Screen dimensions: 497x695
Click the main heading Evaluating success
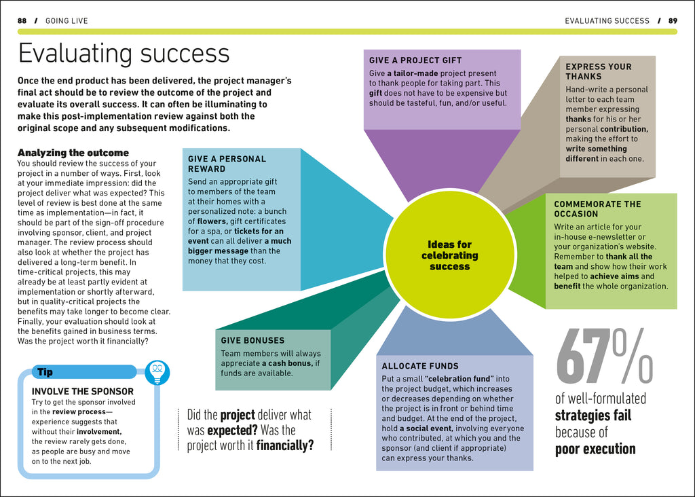[124, 54]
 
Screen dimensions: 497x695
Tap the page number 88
[22, 21]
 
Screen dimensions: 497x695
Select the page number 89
[673, 21]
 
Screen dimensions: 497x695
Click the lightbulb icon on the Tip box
[157, 371]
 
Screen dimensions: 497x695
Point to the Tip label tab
[45, 372]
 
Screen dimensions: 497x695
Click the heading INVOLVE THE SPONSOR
[83, 392]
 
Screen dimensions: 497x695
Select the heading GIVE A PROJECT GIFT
[415, 60]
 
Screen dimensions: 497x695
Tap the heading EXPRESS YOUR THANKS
[598, 71]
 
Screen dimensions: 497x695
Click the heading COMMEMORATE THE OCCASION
[597, 208]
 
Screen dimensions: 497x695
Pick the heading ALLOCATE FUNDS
[420, 366]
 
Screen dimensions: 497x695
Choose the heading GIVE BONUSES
[252, 340]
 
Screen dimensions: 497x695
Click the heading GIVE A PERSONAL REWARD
[227, 164]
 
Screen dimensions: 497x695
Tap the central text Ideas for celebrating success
[449, 255]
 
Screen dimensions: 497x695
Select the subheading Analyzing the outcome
[73, 153]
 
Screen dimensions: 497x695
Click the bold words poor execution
[595, 449]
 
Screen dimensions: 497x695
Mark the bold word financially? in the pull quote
[285, 445]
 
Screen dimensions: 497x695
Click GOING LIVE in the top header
[67, 21]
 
